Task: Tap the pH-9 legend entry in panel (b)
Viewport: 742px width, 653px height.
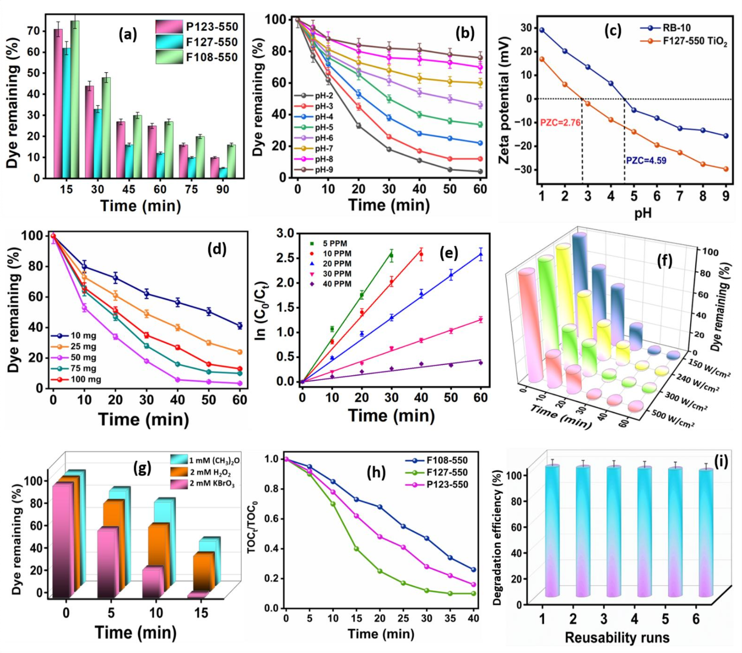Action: coord(324,170)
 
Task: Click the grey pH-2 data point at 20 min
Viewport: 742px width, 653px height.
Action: coord(358,126)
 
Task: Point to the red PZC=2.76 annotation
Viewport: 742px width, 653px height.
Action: coord(560,123)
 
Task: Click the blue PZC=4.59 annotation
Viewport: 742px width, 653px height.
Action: coord(646,161)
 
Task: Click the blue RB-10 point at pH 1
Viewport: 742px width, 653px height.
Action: coord(542,30)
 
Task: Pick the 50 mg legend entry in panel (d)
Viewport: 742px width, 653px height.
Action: coord(83,358)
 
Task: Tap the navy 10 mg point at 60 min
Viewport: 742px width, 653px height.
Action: coord(240,326)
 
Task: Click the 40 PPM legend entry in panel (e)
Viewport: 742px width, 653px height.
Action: coord(337,284)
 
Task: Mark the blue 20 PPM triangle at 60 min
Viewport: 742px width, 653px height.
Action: coord(481,254)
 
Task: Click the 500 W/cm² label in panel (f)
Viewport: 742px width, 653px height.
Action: coord(673,418)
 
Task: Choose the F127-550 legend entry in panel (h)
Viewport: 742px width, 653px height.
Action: coord(447,472)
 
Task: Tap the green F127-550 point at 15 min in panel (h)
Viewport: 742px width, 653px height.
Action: coord(357,549)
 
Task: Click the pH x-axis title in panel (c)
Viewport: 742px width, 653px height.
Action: coord(643,213)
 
